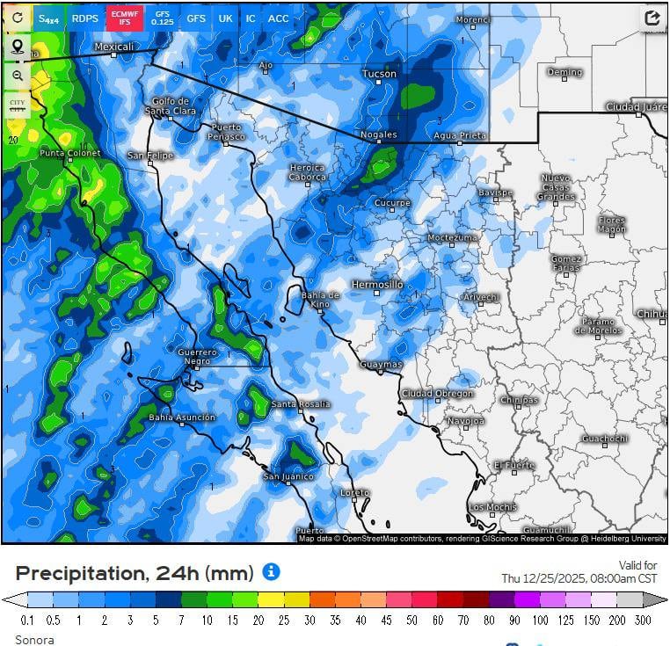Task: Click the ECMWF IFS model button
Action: point(126,18)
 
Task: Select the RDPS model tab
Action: point(84,18)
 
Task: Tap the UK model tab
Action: point(226,18)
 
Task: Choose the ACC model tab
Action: point(278,18)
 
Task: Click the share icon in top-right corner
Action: point(652,18)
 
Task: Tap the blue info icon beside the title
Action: point(271,572)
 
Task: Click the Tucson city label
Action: point(380,74)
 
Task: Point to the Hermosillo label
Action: point(377,285)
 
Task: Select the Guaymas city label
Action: point(381,364)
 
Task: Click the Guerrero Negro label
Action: point(197,357)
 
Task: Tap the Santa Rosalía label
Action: point(301,404)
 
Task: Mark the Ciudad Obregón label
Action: point(437,394)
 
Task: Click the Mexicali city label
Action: point(113,47)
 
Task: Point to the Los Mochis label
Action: point(492,507)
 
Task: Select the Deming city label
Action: point(564,72)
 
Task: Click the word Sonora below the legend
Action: point(34,639)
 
